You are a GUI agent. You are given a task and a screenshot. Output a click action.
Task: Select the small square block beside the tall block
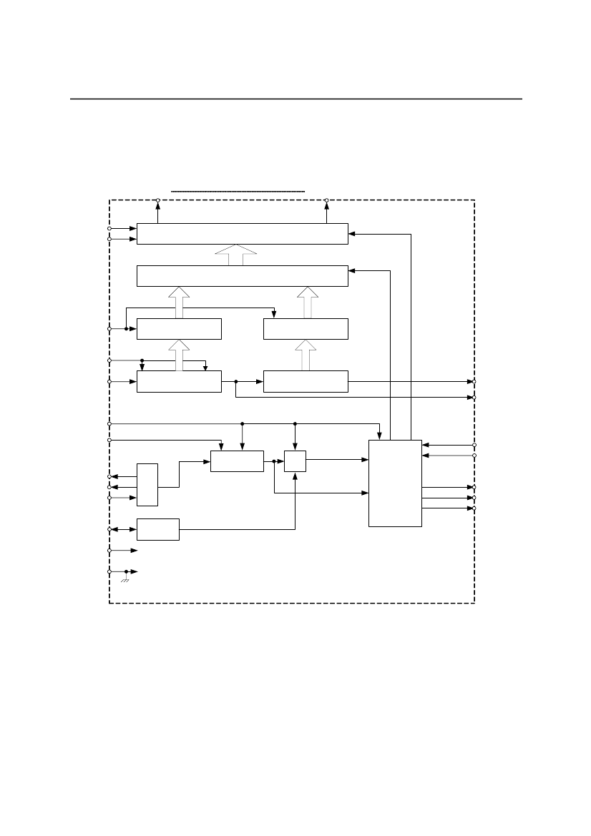[x=295, y=461]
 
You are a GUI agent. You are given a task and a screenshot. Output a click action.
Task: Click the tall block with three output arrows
[x=395, y=483]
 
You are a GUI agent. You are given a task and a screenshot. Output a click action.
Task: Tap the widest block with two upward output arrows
[x=242, y=234]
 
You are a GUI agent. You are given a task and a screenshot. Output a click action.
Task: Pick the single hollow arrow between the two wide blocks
[x=235, y=255]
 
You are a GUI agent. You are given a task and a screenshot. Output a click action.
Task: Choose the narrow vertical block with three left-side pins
[x=147, y=484]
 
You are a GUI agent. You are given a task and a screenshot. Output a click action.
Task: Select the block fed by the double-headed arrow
[x=157, y=529]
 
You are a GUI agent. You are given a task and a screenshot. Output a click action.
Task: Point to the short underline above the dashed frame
[x=238, y=192]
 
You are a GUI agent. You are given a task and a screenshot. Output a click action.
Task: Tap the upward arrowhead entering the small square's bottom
[x=295, y=475]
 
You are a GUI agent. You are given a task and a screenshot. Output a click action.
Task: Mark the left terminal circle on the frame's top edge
[x=158, y=200]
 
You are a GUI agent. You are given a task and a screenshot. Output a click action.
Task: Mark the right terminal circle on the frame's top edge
[x=326, y=200]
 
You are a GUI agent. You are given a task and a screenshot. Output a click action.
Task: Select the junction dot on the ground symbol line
[x=127, y=572]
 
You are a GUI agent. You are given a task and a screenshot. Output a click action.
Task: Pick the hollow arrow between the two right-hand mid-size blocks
[x=306, y=354]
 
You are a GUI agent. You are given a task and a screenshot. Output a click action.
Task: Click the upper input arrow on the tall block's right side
[x=426, y=445]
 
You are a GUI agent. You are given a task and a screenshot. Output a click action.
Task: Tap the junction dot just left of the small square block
[x=274, y=461]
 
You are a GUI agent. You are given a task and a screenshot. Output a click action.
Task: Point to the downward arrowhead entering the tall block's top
[x=380, y=436]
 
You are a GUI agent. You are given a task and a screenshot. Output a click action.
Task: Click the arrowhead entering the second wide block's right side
[x=351, y=270]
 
